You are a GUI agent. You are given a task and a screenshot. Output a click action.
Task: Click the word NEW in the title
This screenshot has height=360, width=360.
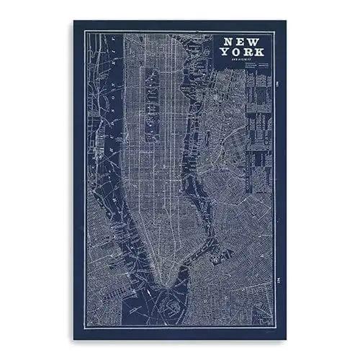243,42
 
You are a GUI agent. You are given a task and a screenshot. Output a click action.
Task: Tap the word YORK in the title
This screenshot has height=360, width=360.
243,53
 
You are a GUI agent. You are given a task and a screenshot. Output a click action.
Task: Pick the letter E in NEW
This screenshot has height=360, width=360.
243,42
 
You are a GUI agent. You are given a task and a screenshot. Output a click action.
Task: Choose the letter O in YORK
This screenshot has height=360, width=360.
237,53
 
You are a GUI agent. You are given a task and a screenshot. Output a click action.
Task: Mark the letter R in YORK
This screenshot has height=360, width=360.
248,53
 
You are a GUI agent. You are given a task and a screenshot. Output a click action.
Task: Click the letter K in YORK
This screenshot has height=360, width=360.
258,53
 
